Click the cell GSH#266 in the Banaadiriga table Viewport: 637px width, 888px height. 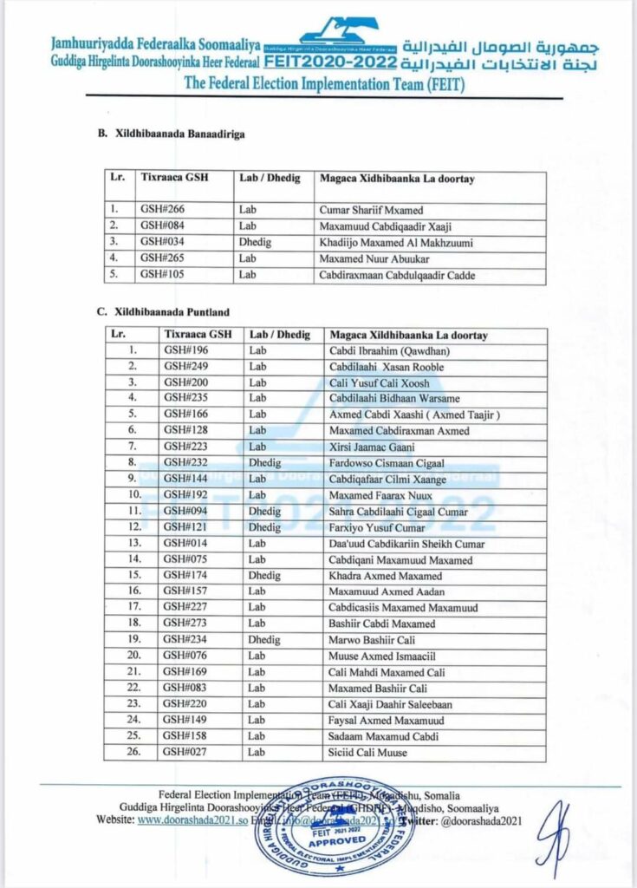click(163, 210)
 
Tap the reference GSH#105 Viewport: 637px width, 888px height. click(163, 276)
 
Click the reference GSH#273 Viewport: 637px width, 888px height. click(186, 624)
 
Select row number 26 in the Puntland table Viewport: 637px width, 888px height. click(133, 752)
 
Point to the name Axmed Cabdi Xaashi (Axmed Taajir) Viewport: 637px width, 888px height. click(414, 415)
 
